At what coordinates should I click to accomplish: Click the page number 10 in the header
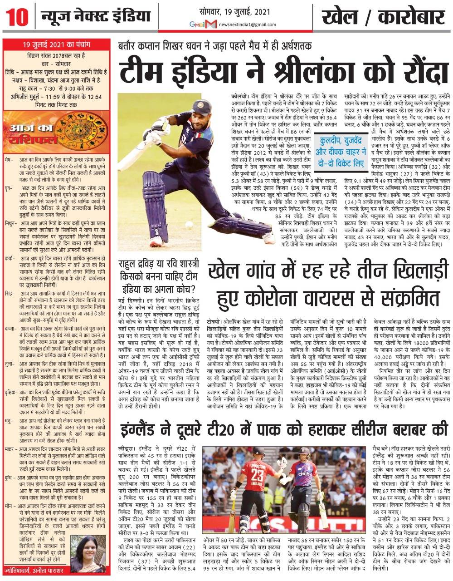(x=16, y=18)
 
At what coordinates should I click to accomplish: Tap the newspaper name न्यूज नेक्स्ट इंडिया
(x=95, y=17)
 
